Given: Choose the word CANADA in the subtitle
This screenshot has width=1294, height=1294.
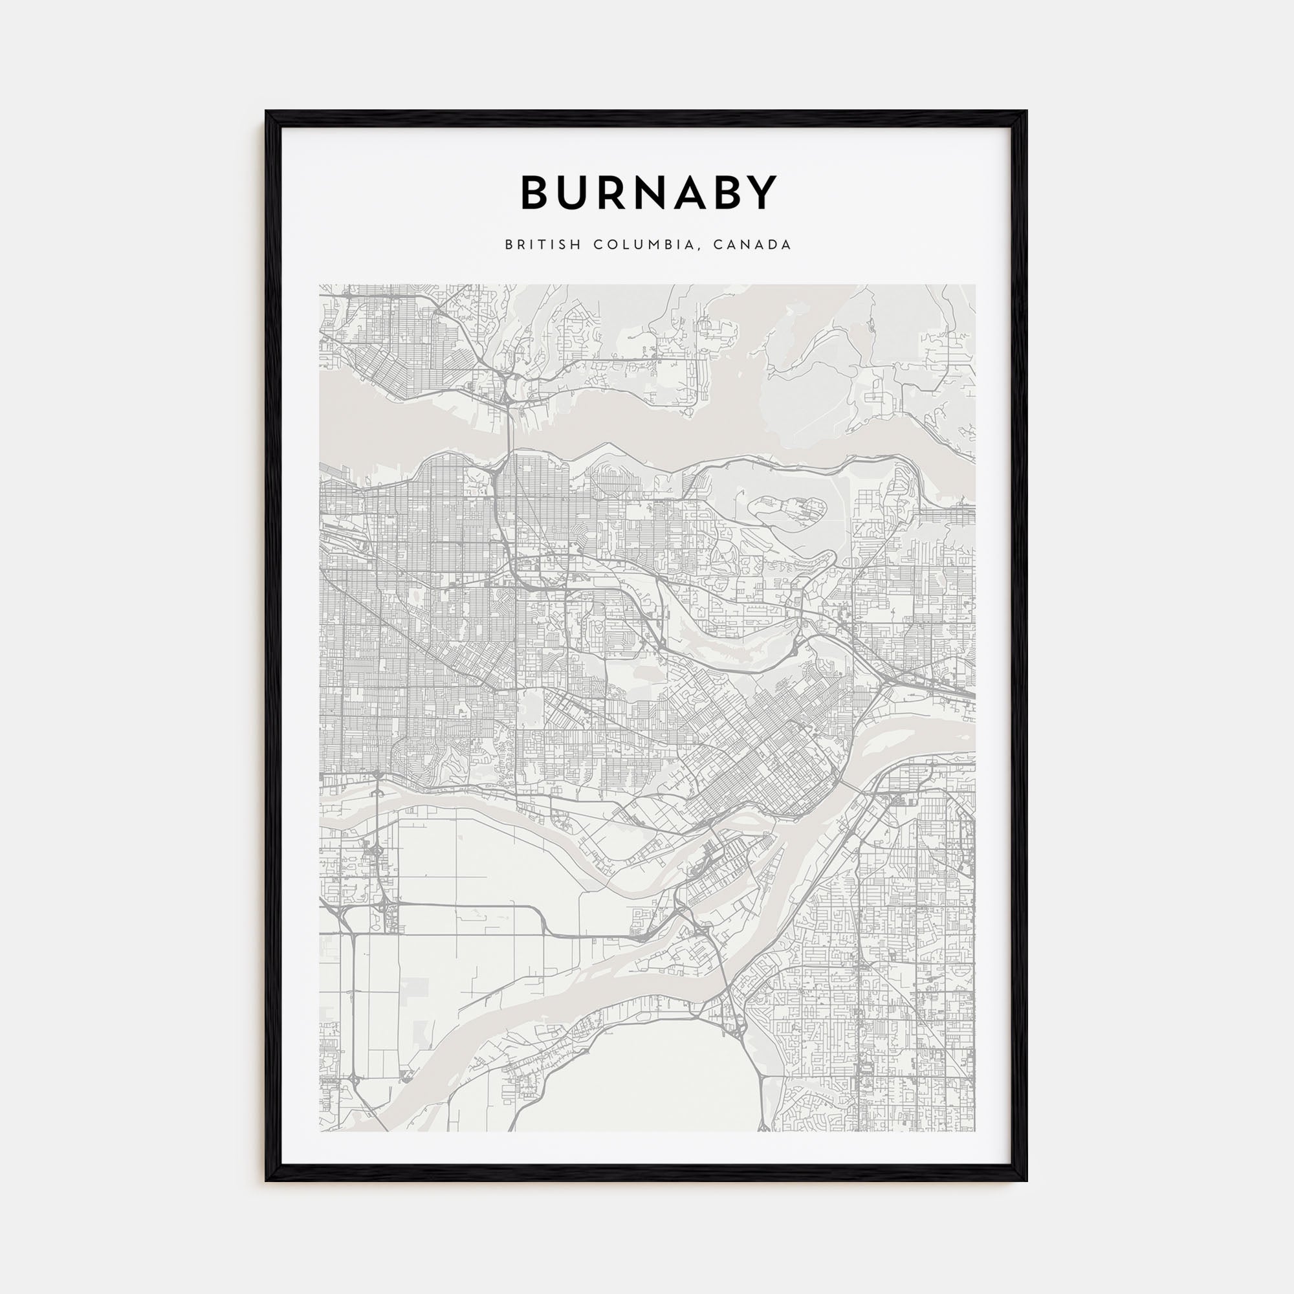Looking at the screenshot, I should point(752,245).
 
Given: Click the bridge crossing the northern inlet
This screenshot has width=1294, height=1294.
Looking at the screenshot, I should point(509,429).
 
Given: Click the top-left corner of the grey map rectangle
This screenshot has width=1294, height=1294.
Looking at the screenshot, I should point(320,285).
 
